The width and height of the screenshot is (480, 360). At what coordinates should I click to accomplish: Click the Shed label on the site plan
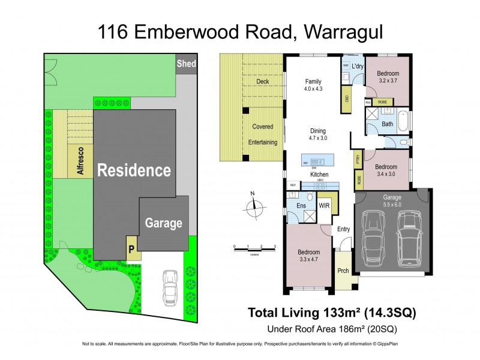click(186, 64)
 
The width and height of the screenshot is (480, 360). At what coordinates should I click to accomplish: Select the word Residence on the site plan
click(134, 170)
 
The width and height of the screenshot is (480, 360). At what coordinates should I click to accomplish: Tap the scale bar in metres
click(254, 247)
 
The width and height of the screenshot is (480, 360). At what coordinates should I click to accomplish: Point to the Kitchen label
click(319, 174)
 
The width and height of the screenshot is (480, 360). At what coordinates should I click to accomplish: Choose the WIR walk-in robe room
click(324, 205)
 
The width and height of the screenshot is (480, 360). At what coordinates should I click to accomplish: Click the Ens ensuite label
click(301, 205)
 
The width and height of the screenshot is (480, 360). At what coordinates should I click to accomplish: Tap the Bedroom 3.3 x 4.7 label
click(309, 256)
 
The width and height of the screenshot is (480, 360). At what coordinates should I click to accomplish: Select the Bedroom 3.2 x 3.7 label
click(388, 76)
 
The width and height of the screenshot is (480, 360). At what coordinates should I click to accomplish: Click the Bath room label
click(388, 125)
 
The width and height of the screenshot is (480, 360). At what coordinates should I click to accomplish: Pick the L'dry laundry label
click(358, 65)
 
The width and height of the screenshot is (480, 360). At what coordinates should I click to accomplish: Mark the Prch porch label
click(343, 271)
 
